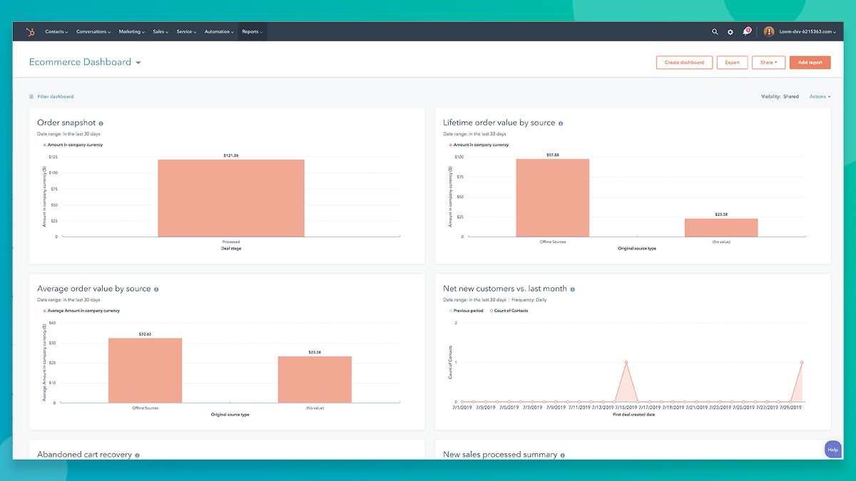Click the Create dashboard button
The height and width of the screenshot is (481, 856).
point(684,63)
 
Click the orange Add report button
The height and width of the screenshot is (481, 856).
point(810,63)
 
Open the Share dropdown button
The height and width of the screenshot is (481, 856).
point(768,63)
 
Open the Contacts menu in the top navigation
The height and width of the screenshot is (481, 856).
point(56,32)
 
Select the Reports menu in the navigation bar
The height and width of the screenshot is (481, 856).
point(252,32)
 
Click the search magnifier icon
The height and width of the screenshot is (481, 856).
point(715,32)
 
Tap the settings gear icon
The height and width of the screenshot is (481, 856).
point(730,32)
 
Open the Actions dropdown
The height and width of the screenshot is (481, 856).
point(820,97)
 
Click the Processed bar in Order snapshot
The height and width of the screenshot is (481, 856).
point(231,198)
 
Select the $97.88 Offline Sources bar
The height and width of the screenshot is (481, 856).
point(553,197)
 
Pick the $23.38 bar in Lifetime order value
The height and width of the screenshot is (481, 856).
point(721,227)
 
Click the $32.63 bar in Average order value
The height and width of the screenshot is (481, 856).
point(145,371)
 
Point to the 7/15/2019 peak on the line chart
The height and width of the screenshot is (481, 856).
point(626,363)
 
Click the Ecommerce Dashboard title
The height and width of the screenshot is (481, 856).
point(80,63)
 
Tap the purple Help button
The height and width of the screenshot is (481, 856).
point(832,449)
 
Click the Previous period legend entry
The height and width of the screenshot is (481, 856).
point(467,311)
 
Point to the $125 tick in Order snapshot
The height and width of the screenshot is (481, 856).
point(53,156)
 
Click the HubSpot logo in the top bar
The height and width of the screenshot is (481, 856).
point(30,32)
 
